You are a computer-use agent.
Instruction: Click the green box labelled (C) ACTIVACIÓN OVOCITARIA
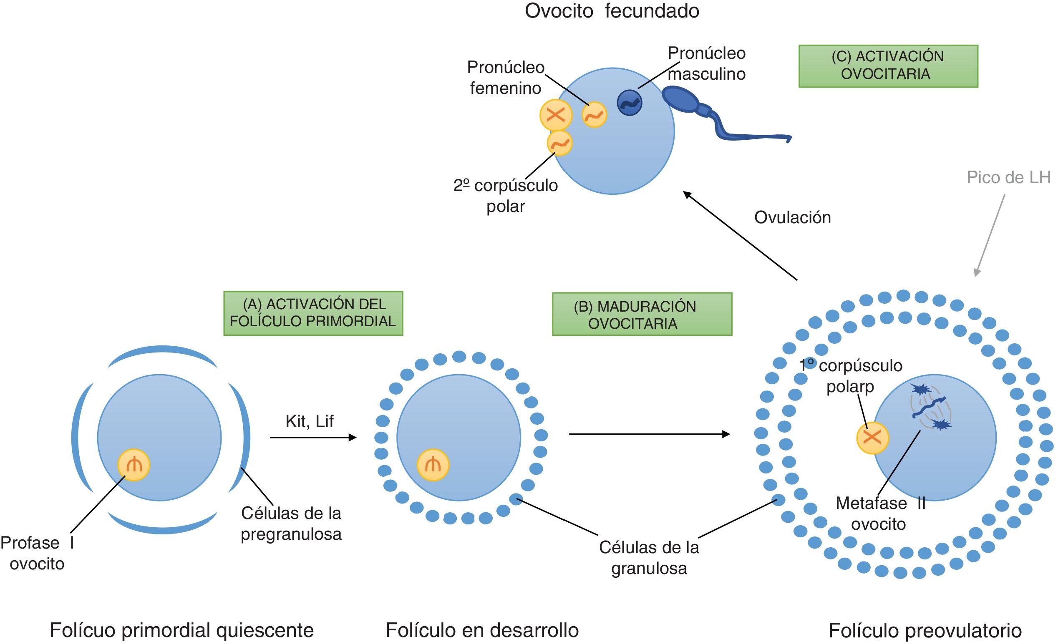tap(887, 66)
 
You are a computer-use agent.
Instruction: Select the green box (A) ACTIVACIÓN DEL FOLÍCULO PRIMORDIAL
tap(313, 313)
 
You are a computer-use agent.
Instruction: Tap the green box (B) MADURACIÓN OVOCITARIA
tap(642, 315)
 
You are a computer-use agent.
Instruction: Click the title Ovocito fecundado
tap(612, 11)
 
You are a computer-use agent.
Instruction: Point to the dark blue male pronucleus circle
tap(629, 103)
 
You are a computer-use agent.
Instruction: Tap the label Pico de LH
tap(1008, 177)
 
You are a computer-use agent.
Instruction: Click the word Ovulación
tap(792, 218)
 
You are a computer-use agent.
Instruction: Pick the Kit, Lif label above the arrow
tap(309, 421)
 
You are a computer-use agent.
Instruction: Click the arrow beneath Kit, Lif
tap(313, 438)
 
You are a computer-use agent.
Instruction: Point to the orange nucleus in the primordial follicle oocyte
tap(134, 465)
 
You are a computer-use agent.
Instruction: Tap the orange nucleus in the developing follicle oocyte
tap(433, 465)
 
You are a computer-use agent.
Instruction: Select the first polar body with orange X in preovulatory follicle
tap(872, 438)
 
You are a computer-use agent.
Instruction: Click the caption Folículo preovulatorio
tap(924, 630)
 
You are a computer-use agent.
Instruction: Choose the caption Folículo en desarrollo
tap(482, 630)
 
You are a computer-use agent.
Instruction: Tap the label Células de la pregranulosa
tap(291, 524)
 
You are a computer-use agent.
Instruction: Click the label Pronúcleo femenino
tap(505, 78)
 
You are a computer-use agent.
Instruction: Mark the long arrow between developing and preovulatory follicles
tap(649, 434)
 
